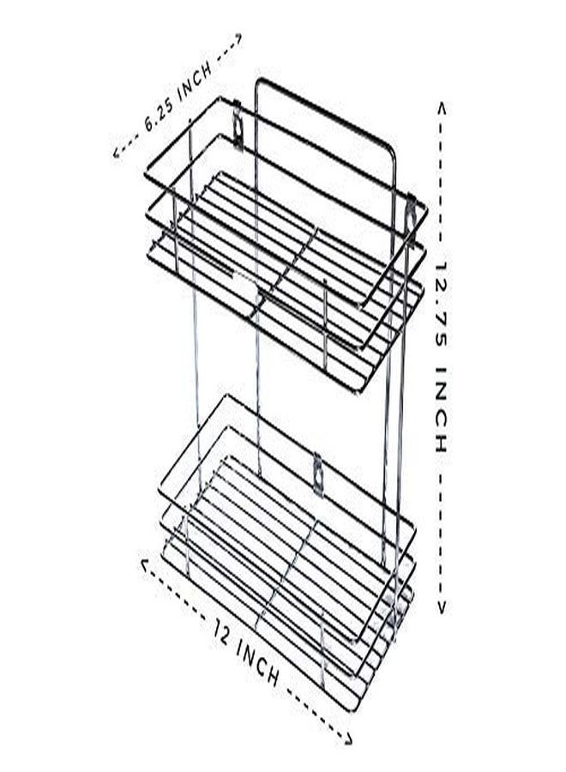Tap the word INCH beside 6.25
pyautogui.click(x=196, y=80)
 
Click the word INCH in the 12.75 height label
pyautogui.click(x=441, y=409)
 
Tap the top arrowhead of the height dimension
pyautogui.click(x=442, y=108)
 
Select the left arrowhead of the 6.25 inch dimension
pyautogui.click(x=117, y=153)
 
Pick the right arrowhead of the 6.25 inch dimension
pyautogui.click(x=237, y=39)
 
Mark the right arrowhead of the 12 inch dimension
pyautogui.click(x=347, y=737)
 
